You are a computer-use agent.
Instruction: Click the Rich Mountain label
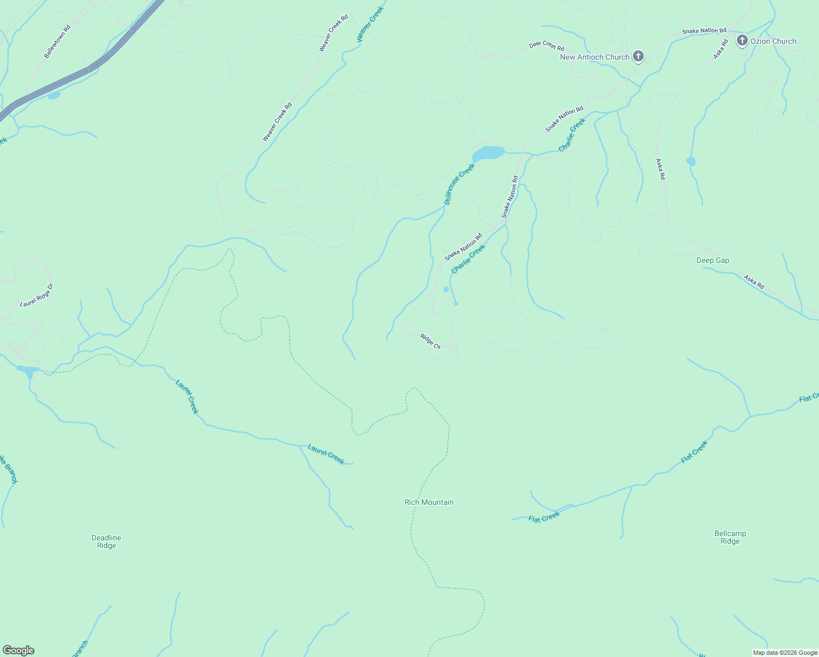point(429,502)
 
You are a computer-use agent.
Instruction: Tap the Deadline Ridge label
point(106,541)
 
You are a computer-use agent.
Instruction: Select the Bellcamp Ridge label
point(730,537)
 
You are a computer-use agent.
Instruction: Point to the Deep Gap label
point(712,261)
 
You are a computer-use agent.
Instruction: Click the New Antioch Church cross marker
point(638,56)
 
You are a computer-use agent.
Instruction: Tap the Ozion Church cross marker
point(742,40)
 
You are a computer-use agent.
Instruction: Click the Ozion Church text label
point(773,41)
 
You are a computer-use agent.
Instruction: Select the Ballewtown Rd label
point(57,42)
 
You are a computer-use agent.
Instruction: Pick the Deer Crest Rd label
point(546,45)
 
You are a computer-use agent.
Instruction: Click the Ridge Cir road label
point(430,341)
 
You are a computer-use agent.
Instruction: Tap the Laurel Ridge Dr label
point(37,295)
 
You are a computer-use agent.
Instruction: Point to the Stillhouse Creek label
point(459,184)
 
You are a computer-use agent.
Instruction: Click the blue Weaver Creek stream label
point(371,24)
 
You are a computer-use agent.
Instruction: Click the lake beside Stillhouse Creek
point(487,153)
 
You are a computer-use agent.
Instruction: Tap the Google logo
point(18,650)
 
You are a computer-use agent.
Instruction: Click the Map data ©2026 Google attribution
point(785,653)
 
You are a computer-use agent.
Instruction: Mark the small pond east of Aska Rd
point(690,161)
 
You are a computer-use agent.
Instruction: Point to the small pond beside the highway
point(54,96)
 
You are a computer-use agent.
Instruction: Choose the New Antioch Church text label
point(595,57)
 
